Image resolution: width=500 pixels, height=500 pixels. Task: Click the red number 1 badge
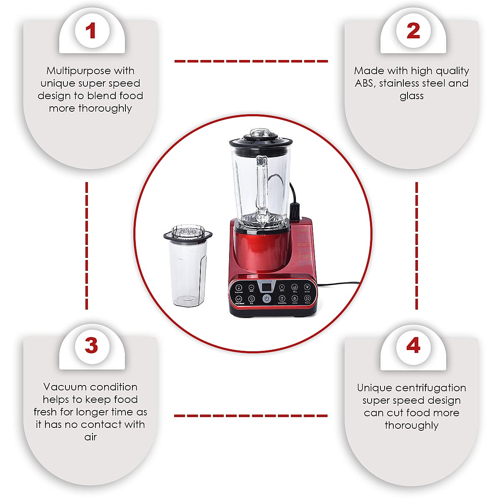click(x=91, y=31)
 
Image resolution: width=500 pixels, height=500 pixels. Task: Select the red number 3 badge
click(x=91, y=346)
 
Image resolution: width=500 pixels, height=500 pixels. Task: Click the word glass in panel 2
click(x=411, y=96)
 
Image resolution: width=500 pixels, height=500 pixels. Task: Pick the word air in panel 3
click(x=90, y=437)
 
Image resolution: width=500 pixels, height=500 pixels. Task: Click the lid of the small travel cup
click(x=187, y=234)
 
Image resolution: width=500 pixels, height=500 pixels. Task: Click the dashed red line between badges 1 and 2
click(x=251, y=61)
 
